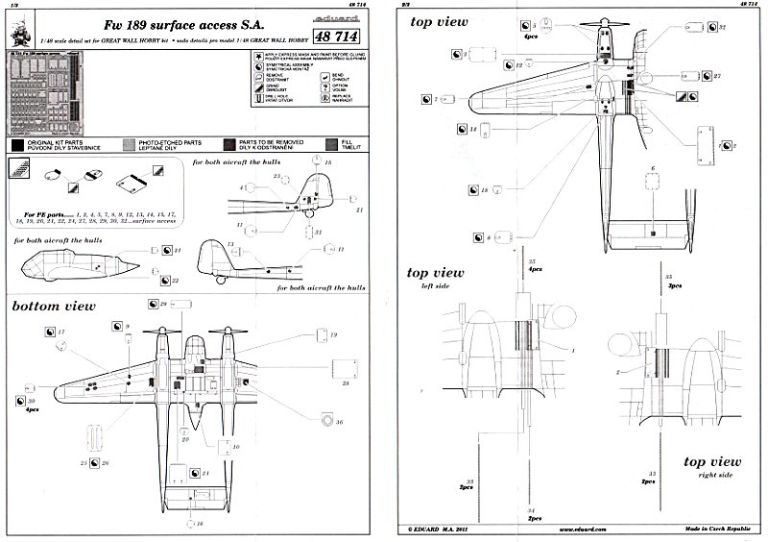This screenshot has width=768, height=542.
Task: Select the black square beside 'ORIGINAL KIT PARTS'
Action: pos(17,144)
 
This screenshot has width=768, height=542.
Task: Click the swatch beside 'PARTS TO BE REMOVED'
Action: pos(228,144)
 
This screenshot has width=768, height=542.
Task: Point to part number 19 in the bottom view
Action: pos(335,333)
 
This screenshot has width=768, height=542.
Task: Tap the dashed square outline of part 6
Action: pos(652,208)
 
